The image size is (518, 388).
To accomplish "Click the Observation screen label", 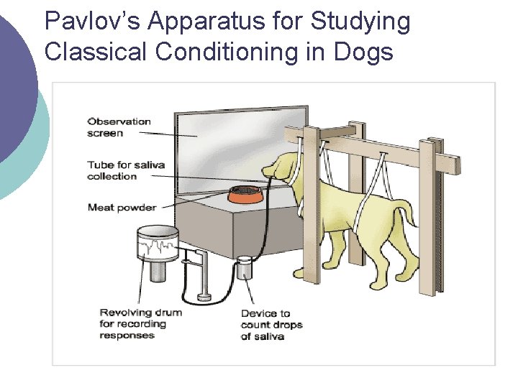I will point(119,127).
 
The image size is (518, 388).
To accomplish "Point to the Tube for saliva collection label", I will point(126,170).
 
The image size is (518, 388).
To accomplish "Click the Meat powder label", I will point(121,208).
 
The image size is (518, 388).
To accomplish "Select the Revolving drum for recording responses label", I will point(140,323).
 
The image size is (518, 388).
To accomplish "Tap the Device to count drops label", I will point(271,324).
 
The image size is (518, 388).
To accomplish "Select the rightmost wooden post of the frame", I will point(428,216).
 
